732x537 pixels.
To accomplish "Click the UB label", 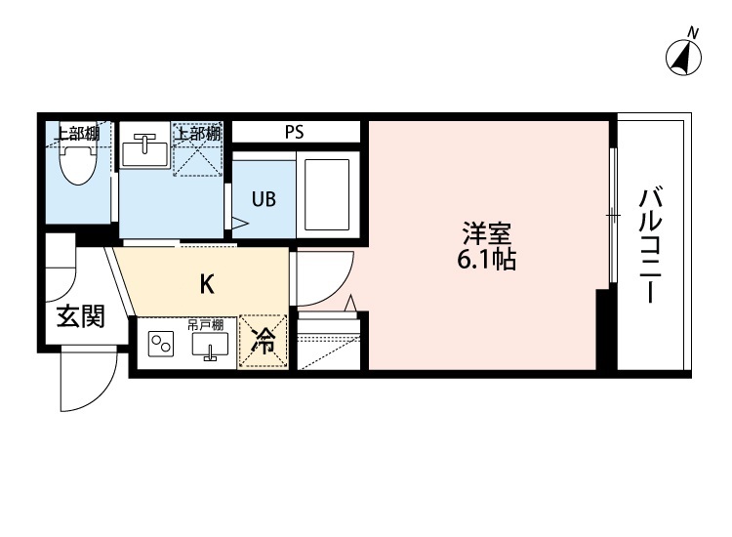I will click(264, 199).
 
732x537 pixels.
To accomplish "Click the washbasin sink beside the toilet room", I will click(145, 150).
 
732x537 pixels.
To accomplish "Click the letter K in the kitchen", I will click(207, 284).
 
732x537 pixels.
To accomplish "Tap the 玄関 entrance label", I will click(79, 317).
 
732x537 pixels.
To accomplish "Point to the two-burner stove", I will click(159, 345).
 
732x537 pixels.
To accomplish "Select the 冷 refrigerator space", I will click(264, 342).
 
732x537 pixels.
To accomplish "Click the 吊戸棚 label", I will click(206, 324).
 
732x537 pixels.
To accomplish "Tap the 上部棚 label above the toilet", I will click(76, 133).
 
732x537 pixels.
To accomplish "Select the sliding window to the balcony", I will click(612, 214).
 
